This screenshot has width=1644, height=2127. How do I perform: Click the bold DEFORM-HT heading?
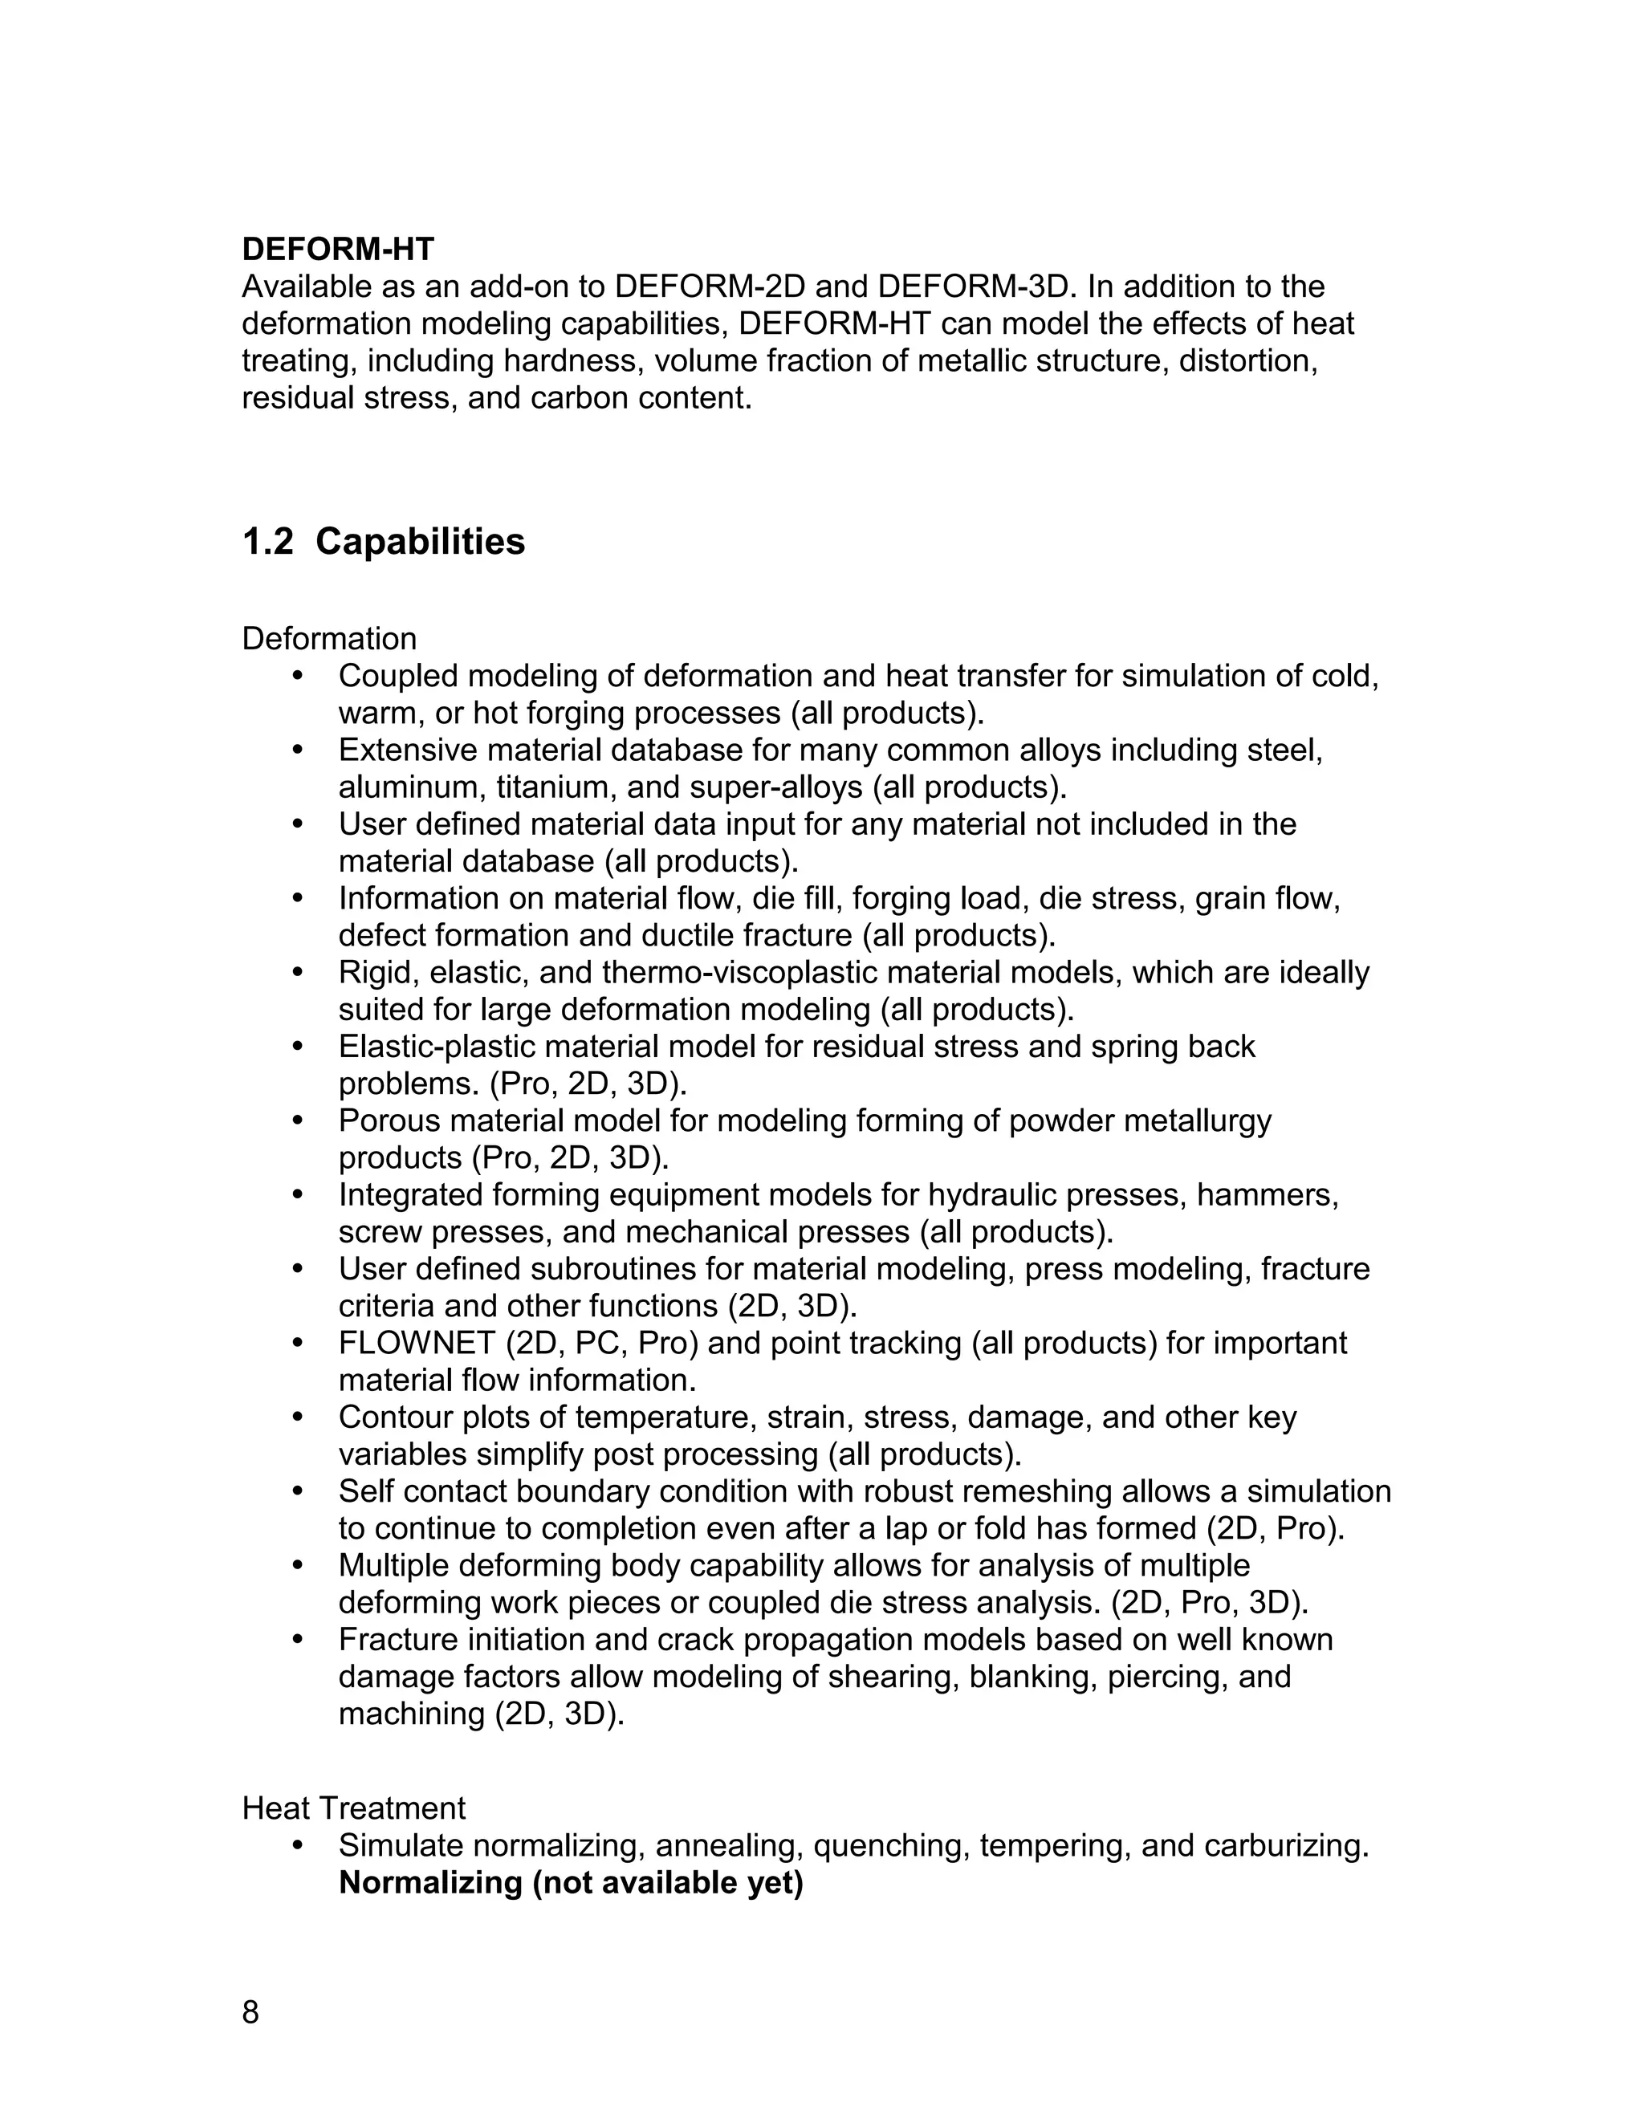[x=338, y=250]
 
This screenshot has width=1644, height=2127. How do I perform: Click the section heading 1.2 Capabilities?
[x=383, y=542]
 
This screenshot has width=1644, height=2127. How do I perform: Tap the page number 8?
[x=250, y=2011]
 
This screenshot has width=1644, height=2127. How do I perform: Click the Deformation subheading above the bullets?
[x=329, y=639]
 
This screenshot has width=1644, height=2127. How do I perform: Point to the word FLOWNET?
[x=416, y=1343]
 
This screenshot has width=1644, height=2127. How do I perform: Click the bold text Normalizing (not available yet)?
[x=571, y=1882]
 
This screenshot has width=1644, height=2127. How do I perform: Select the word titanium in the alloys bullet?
[x=552, y=787]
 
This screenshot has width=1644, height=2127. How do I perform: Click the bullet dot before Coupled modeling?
[x=298, y=677]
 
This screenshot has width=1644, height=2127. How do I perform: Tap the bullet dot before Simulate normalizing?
[x=298, y=1845]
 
